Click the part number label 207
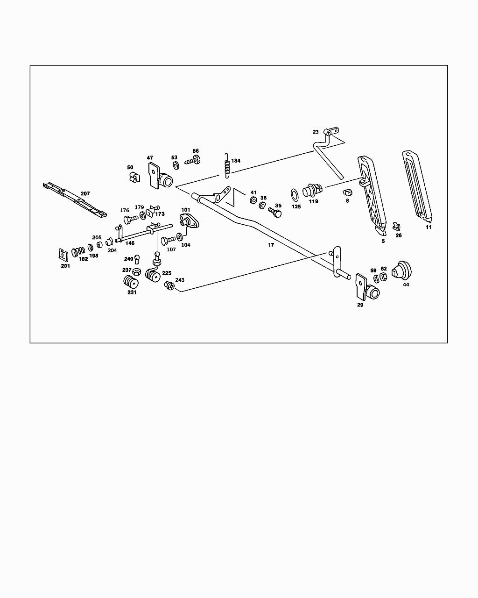85,193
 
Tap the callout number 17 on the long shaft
271,245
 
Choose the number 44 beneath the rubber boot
406,285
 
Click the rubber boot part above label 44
401,270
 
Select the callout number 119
313,201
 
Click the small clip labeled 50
133,178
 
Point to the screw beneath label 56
193,161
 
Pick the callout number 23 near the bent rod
316,132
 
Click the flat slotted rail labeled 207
75,199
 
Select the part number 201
65,266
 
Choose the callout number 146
130,243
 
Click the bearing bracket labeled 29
367,288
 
